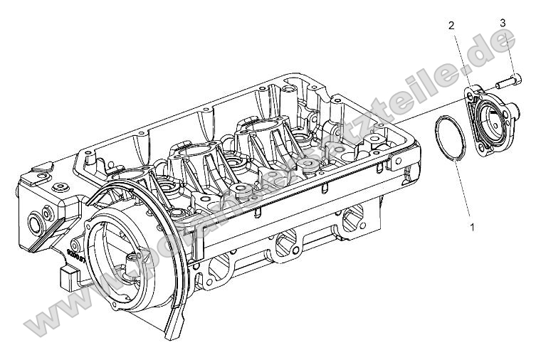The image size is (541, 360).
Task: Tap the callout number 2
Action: point(451,26)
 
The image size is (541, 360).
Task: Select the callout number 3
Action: point(503,23)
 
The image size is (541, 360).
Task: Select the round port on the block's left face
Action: point(33,227)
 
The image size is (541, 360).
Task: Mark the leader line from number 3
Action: point(507,50)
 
